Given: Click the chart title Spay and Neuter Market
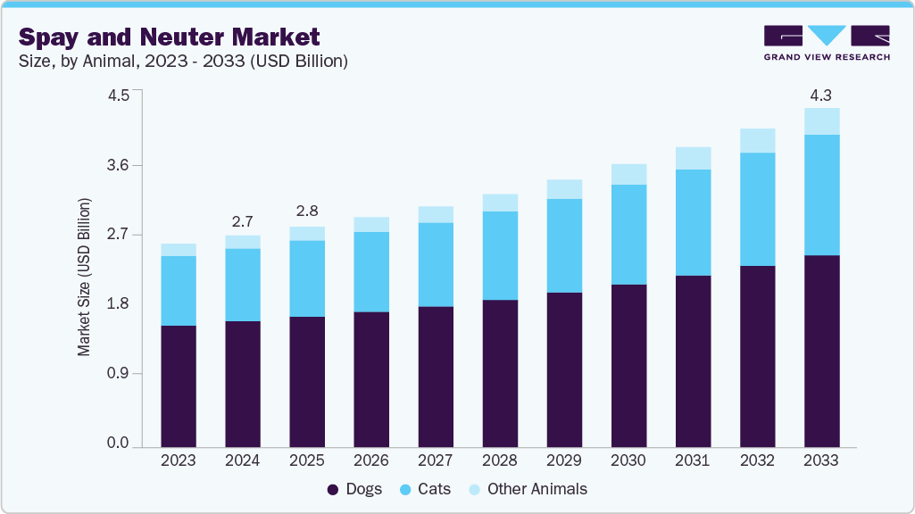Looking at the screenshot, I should click(169, 37).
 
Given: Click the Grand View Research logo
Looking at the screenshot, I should click(827, 43).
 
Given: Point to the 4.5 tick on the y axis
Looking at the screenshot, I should click(119, 95).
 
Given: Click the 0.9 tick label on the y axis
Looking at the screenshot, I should click(119, 374).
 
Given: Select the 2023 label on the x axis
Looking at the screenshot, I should click(178, 460).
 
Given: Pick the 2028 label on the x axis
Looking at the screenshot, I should click(500, 460).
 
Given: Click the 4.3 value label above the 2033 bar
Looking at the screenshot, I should click(821, 94).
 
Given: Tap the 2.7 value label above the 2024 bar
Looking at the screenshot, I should click(242, 220).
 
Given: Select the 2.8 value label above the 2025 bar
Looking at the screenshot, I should click(306, 211).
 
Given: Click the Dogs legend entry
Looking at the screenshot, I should click(355, 489).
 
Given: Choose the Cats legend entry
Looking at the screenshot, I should click(425, 489).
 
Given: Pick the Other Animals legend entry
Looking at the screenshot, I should click(527, 489).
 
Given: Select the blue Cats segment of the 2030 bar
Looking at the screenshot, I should click(628, 235).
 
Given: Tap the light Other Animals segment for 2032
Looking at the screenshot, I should click(757, 140).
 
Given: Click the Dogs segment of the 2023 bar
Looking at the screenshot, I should click(178, 385).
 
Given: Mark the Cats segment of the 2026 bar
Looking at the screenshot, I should click(371, 272).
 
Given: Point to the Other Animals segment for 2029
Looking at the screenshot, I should click(564, 189).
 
